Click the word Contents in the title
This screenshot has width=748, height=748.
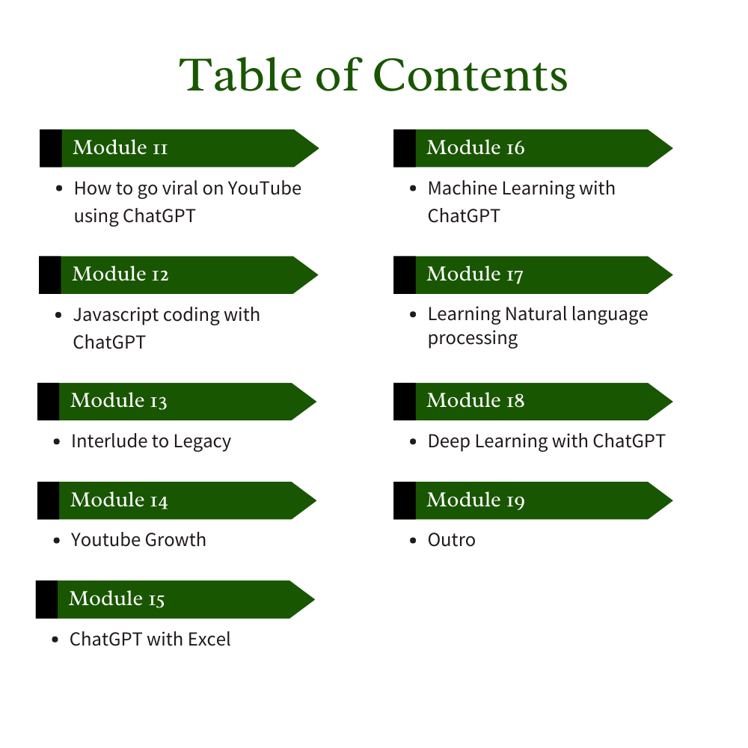470,76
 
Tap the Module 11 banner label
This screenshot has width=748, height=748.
120,147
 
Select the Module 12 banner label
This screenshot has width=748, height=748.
120,275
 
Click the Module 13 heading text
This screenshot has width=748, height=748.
119,401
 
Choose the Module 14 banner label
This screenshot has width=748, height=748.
119,500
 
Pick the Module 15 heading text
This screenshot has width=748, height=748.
117,599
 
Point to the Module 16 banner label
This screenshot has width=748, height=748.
476,147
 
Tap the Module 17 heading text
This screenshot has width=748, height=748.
475,275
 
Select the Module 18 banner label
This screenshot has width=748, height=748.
476,401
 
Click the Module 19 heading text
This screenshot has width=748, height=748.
476,500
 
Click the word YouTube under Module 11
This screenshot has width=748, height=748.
265,188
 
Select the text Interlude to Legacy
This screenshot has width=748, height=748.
151,441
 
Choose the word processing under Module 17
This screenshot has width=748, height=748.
473,339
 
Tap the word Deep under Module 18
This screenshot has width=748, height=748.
449,441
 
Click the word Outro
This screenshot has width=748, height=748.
452,540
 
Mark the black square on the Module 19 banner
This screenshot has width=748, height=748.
405,500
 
